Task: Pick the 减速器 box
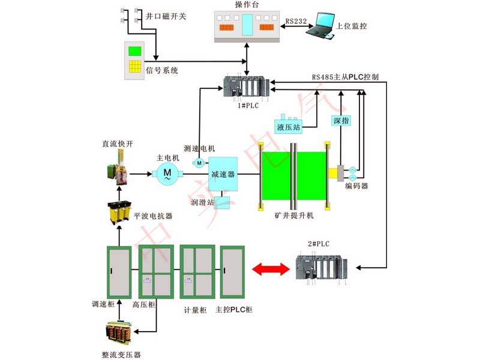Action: pos(223,174)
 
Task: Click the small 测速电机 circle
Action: pos(199,162)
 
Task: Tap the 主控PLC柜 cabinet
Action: pos(232,272)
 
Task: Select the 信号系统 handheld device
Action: pos(136,60)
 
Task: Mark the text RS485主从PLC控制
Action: pos(345,77)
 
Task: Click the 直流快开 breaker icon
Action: pos(119,167)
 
